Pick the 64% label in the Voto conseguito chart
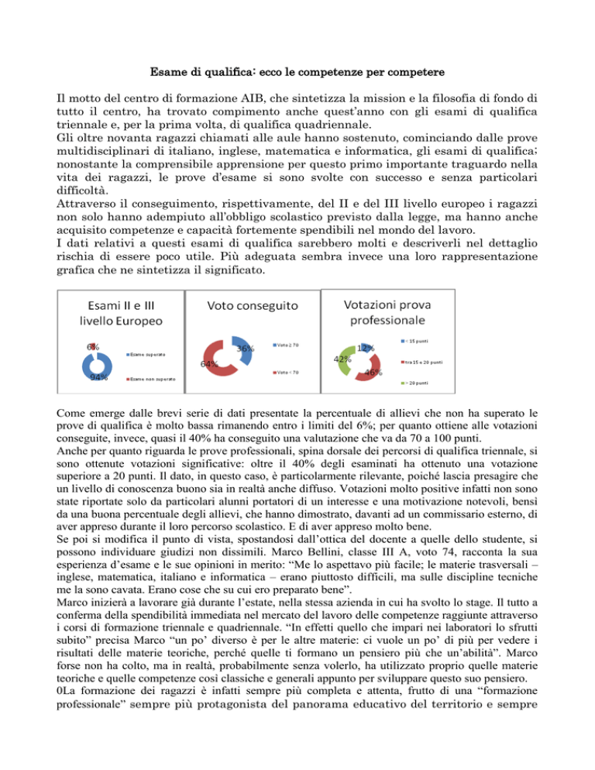pos(208,363)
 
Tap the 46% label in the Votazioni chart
pos(375,373)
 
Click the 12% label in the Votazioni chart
pos(366,349)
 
